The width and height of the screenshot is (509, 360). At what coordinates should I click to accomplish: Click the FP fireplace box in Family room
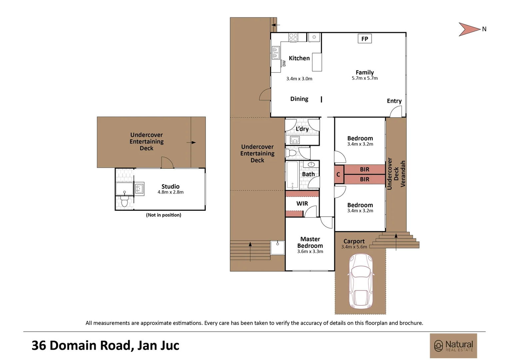(364, 39)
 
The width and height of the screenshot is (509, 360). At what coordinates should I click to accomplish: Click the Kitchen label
(299, 58)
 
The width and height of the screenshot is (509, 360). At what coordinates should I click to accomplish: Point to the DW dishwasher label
(284, 63)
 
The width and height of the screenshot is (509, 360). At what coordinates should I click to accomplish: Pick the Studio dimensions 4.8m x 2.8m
(171, 192)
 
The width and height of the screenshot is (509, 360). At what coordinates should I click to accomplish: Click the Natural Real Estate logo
(453, 346)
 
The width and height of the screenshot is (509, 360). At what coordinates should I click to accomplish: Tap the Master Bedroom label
(310, 242)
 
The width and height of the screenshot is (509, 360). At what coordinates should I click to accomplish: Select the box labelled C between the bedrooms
(338, 174)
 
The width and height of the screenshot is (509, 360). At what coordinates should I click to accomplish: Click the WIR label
(302, 204)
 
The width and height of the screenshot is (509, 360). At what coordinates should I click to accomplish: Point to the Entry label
(394, 101)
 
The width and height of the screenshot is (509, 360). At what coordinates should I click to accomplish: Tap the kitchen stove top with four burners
(293, 37)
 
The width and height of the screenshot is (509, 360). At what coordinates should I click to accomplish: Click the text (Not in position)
(164, 215)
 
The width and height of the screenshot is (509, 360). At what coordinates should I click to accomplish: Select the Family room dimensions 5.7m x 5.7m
(365, 78)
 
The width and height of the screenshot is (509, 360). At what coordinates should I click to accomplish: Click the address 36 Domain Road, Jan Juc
(105, 346)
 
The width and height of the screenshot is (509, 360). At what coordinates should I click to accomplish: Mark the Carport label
(354, 241)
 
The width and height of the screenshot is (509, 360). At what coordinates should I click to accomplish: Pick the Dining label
(299, 99)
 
